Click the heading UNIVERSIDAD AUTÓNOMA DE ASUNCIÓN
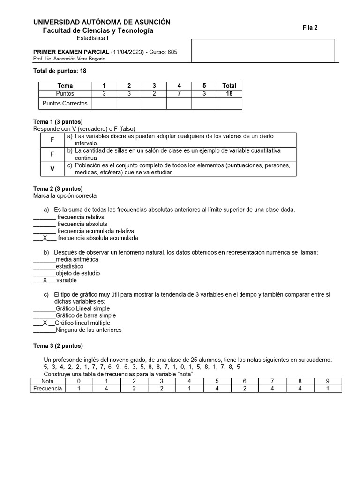[x=102, y=22]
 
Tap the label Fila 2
[x=310, y=28]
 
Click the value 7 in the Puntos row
[x=179, y=93]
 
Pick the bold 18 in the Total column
[x=229, y=93]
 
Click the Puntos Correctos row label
[x=65, y=103]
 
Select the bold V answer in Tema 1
[x=52, y=169]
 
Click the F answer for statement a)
[x=52, y=140]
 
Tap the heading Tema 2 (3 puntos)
[x=58, y=188]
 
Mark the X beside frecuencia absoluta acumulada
[x=45, y=238]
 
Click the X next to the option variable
[x=45, y=280]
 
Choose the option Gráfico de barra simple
[x=82, y=316]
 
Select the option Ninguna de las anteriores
[x=88, y=330]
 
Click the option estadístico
[x=69, y=266]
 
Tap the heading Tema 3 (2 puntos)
[x=58, y=346]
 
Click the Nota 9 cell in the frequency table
[x=328, y=381]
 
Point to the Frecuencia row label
[x=47, y=389]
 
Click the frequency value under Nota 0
[x=79, y=389]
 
